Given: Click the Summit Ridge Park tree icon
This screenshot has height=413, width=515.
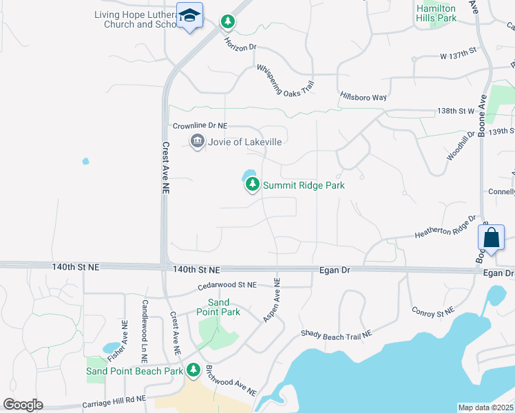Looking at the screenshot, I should pyautogui.click(x=253, y=184).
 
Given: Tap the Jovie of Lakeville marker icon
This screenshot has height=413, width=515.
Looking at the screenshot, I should pyautogui.click(x=197, y=142).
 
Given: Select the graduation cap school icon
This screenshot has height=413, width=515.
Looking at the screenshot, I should pyautogui.click(x=189, y=15).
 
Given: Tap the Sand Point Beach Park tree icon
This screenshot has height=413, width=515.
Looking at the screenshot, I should pyautogui.click(x=193, y=370).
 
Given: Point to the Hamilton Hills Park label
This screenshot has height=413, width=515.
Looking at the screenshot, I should pyautogui.click(x=437, y=12).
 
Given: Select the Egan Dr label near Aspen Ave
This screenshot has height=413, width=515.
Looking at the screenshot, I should pyautogui.click(x=335, y=271).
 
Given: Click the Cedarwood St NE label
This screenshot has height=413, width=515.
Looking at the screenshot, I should pyautogui.click(x=227, y=284).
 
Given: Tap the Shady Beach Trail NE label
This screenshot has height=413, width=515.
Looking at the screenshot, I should pyautogui.click(x=336, y=333).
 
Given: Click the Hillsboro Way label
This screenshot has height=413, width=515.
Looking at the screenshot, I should pyautogui.click(x=363, y=96).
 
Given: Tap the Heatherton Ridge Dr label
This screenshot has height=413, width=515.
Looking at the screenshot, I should pyautogui.click(x=445, y=228).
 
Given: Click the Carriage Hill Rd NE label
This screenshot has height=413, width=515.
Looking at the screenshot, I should pyautogui.click(x=114, y=398).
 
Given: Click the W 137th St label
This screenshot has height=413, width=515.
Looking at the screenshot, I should pyautogui.click(x=459, y=52).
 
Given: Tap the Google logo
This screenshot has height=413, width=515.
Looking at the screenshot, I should pyautogui.click(x=23, y=405).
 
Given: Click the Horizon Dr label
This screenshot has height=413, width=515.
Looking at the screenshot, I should pyautogui.click(x=240, y=44).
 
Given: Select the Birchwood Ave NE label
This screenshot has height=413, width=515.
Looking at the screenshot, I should pyautogui.click(x=231, y=381).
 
